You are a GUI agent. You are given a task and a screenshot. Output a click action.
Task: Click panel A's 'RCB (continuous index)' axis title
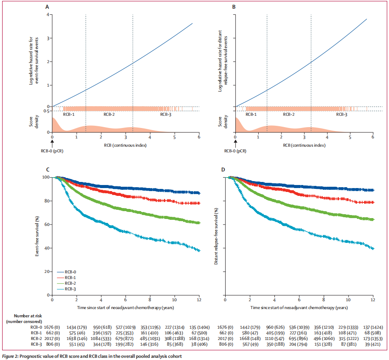[x=125, y=145]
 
